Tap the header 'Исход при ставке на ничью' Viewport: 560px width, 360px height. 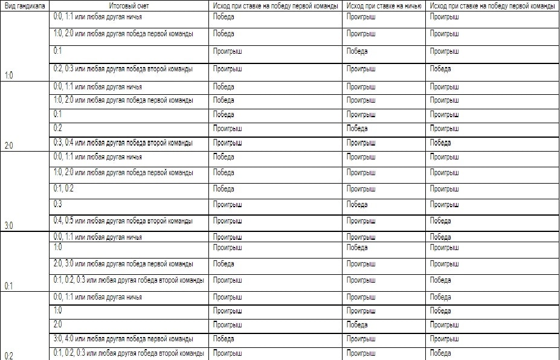coord(384,5)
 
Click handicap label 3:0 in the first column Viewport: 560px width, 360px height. coord(9,226)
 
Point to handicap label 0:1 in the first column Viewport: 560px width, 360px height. coord(9,286)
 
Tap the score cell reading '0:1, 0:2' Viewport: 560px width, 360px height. coord(63,188)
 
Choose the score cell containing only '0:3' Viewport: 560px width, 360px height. coord(58,205)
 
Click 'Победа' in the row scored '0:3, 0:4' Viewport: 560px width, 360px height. coord(440,143)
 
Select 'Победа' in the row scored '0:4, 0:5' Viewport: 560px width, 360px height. coord(440,220)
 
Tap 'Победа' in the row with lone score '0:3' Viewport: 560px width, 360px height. coord(357,205)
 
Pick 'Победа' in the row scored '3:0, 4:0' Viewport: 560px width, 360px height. coord(224,339)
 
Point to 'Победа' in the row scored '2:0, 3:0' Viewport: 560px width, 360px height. coord(224,264)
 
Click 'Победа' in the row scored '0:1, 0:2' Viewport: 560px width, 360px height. coord(224,188)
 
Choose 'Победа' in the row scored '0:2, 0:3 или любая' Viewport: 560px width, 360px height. coord(440,69)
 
